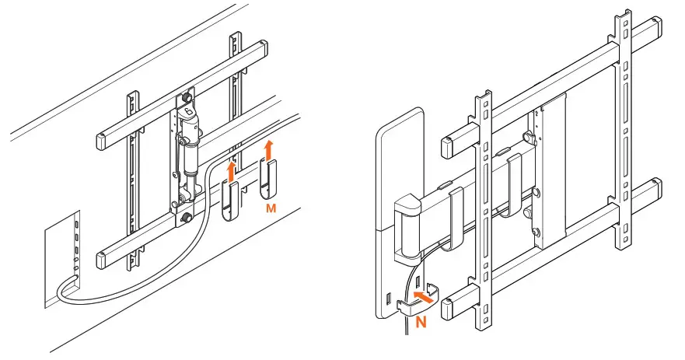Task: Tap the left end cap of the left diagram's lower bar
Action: pos(107,260)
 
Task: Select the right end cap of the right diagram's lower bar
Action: pos(655,190)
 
